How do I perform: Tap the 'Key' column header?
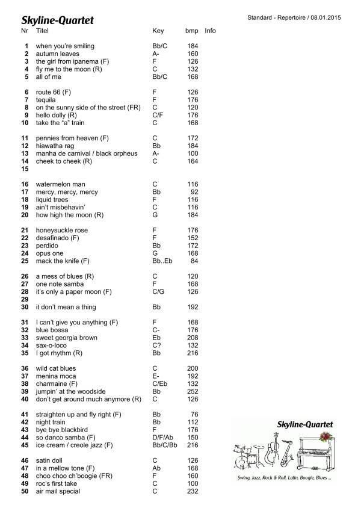158,30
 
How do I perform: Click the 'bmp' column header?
191,30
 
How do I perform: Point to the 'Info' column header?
210,30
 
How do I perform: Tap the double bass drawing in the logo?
272,449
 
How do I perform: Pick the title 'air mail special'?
58,492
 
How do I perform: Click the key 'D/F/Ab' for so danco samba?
163,438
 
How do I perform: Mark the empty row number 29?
25,299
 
